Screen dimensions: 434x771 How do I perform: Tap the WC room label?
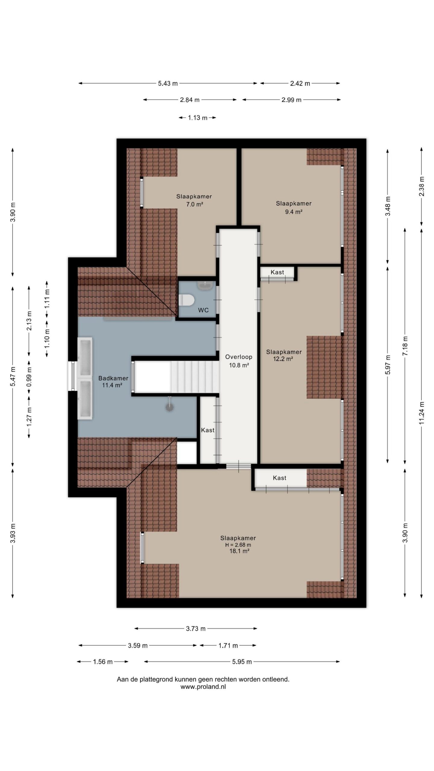(x=203, y=310)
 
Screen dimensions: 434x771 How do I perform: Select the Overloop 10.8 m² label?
(x=239, y=361)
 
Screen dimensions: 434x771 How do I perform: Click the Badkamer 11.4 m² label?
(x=113, y=381)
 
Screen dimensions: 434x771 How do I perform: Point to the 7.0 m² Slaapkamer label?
(x=194, y=200)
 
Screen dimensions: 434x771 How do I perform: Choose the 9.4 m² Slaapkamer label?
(x=294, y=208)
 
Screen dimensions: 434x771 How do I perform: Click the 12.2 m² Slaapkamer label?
(x=284, y=355)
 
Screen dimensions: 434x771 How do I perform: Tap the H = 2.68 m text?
(x=238, y=545)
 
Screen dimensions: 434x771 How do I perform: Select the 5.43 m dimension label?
(x=168, y=83)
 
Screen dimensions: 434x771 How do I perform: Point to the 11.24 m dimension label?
(x=421, y=413)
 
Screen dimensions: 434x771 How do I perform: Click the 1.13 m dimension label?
(x=198, y=118)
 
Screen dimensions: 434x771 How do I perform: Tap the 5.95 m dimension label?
(x=242, y=662)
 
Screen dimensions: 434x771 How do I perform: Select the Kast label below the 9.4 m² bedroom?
(x=277, y=272)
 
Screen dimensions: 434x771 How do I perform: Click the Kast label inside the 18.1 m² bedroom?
(x=279, y=478)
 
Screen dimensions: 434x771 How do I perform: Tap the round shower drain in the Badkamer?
(x=170, y=407)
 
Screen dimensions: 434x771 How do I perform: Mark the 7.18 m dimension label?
(x=405, y=346)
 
